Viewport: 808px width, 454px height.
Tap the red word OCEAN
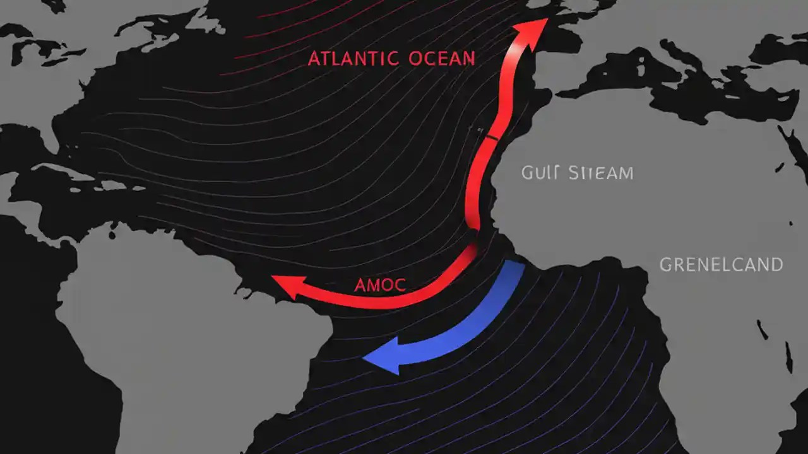tap(442, 59)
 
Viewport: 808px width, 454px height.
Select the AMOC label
tap(380, 284)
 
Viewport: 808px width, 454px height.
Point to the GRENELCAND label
tap(721, 264)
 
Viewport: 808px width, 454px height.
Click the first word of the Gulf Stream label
tap(540, 173)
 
